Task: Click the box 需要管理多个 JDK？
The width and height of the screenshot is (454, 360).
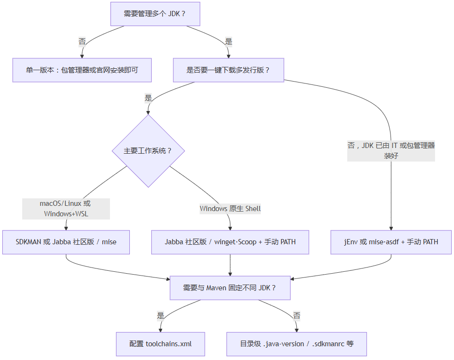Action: tap(155, 14)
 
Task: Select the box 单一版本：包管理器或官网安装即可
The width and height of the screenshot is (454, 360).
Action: tap(82, 70)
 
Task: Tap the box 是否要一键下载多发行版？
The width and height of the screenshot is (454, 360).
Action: tap(228, 70)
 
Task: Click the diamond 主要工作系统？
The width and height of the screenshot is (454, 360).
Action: tap(148, 151)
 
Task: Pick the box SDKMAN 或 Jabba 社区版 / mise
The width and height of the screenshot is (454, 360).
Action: tap(66, 242)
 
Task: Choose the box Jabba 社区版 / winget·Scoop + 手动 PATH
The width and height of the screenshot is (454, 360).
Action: tap(230, 242)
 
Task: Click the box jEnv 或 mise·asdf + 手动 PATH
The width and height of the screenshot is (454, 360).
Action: tap(391, 242)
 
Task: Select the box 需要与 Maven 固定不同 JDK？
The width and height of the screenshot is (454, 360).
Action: tap(230, 288)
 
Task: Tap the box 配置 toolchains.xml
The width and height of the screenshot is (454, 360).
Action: tap(161, 344)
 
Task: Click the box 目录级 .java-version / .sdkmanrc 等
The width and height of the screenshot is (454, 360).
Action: tap(297, 344)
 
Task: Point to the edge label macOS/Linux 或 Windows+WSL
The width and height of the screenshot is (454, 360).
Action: tap(66, 209)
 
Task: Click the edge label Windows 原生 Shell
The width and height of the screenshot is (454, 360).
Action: tap(230, 209)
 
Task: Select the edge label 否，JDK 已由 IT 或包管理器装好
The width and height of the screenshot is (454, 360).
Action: tap(391, 151)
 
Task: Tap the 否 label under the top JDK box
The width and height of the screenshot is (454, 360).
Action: tap(82, 42)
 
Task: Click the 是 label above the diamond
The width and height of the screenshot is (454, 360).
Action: tap(148, 98)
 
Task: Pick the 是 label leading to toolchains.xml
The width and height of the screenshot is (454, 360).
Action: tap(161, 315)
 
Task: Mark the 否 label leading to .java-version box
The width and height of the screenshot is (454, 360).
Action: tap(297, 315)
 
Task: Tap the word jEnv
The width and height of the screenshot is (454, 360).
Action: tap(352, 242)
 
